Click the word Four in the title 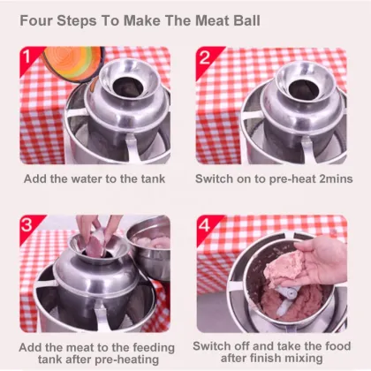[x=39, y=19]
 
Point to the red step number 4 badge [x=204, y=227]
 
